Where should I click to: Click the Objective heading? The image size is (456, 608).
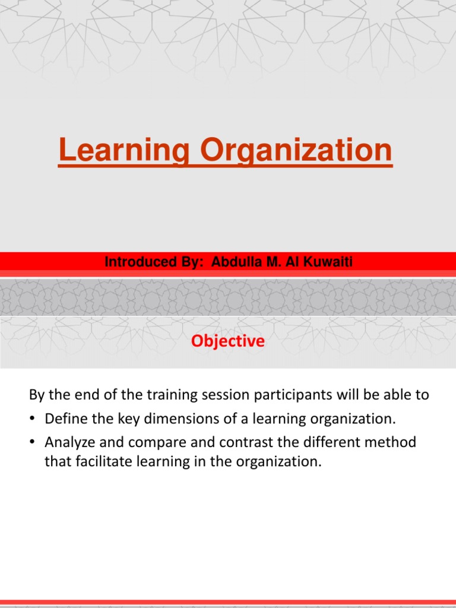228,341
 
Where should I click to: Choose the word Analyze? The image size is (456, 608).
68,442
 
